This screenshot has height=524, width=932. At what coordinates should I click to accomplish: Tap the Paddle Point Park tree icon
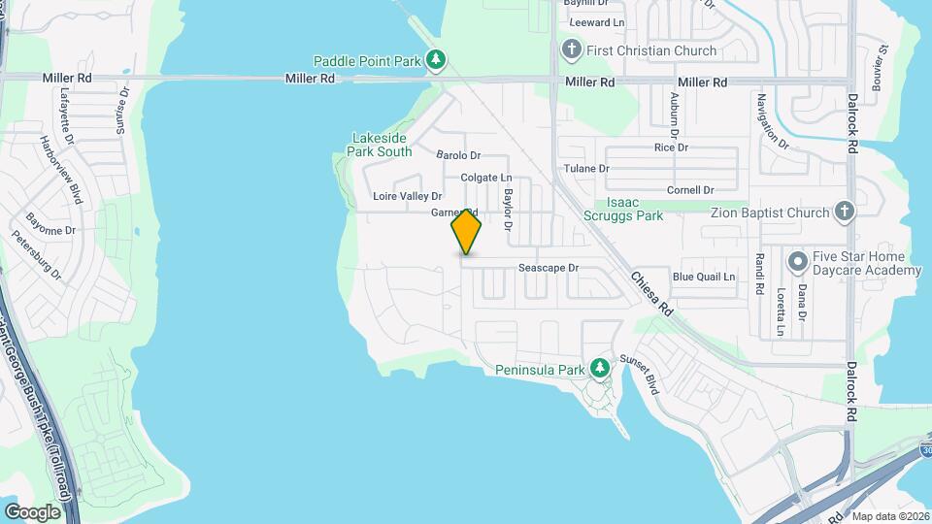click(x=437, y=61)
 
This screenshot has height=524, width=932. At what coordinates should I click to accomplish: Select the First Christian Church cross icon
click(x=572, y=50)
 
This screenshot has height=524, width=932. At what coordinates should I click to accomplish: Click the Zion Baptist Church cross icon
click(x=845, y=213)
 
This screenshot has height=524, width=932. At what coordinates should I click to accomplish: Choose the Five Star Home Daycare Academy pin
click(x=798, y=262)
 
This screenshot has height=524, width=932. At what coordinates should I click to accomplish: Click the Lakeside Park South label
click(x=380, y=145)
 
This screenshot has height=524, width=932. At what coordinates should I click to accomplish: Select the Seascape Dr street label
click(x=548, y=267)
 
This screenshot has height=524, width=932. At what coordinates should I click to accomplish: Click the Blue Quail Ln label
click(x=704, y=277)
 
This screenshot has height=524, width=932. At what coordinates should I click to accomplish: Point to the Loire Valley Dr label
click(x=408, y=196)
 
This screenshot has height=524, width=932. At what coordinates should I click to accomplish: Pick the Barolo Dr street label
click(x=458, y=155)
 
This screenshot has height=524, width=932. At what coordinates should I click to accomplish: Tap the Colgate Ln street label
click(x=485, y=178)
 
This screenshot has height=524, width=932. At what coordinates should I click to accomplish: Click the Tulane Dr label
click(x=586, y=168)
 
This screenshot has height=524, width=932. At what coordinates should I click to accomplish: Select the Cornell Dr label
click(x=690, y=190)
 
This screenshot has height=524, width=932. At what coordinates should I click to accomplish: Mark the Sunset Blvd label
click(x=647, y=374)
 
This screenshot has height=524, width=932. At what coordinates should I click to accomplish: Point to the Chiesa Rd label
click(x=651, y=292)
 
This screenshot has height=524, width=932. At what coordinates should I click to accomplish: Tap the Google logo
click(x=32, y=511)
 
